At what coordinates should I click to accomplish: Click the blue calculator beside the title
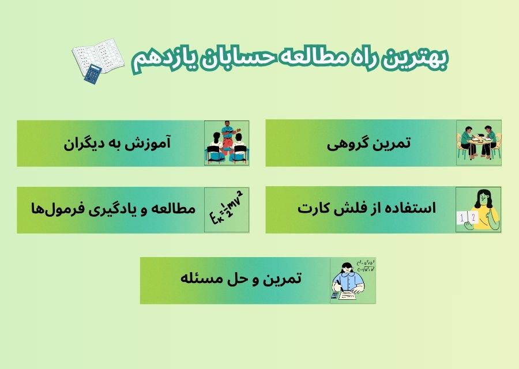click(x=92, y=74)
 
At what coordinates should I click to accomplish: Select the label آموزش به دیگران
click(x=117, y=143)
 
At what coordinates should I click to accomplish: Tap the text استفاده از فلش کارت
click(x=367, y=209)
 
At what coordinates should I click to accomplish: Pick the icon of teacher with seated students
click(x=227, y=143)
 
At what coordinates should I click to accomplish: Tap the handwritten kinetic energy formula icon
click(x=227, y=210)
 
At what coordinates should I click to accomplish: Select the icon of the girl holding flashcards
click(x=479, y=210)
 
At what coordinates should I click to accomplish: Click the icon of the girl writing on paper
click(x=352, y=280)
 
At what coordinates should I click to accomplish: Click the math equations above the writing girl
click(x=366, y=265)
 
